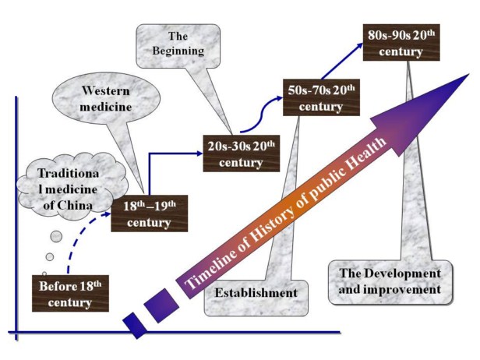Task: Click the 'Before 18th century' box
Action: (x=69, y=291)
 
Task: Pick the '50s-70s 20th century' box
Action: (x=321, y=98)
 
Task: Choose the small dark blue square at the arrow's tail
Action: (x=135, y=325)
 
